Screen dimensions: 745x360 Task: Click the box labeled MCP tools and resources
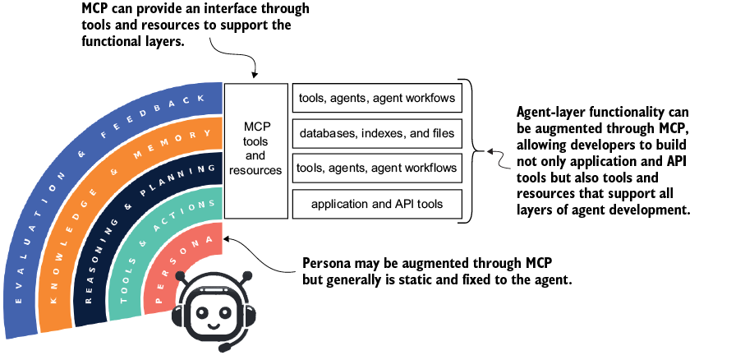click(256, 150)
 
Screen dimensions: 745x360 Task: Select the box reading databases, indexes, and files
click(377, 132)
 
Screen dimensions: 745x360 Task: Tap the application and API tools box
click(377, 204)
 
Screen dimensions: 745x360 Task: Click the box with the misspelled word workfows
click(377, 98)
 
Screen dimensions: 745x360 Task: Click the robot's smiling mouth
click(213, 327)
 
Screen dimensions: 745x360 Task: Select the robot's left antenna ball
click(180, 275)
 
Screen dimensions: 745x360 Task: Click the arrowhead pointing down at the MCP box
click(255, 75)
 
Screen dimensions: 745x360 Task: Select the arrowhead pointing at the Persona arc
click(227, 238)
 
